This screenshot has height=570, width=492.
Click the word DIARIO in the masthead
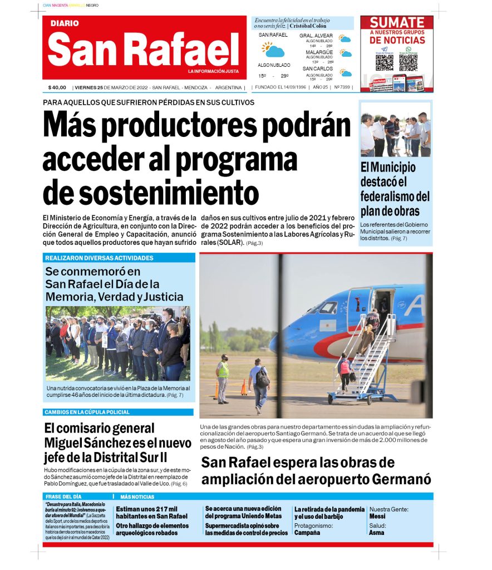coord(65,23)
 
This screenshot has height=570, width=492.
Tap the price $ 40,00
coord(57,87)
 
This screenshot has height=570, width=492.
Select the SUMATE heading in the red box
coord(397,23)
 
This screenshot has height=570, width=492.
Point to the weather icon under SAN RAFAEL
coord(273,50)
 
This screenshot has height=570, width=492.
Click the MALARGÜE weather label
coord(319,52)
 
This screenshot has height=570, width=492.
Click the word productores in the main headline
coord(192,125)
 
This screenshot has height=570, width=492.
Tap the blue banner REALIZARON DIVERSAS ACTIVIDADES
coord(99,258)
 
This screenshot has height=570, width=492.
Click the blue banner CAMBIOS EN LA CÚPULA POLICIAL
coord(87,412)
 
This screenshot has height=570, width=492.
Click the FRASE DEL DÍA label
coord(63,497)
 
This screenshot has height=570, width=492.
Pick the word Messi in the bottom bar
coord(377,516)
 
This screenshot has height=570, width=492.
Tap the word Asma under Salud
coord(377,533)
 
